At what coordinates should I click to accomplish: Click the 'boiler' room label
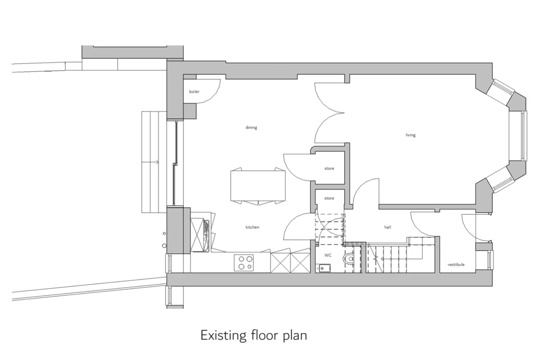pyautogui.click(x=194, y=92)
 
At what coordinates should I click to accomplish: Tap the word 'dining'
pyautogui.click(x=251, y=127)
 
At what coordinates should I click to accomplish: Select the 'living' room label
pyautogui.click(x=411, y=135)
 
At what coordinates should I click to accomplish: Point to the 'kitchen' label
pyautogui.click(x=253, y=227)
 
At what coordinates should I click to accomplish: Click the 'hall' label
pyautogui.click(x=387, y=227)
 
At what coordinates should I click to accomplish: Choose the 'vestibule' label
pyautogui.click(x=456, y=264)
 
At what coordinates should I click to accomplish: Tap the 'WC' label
pyautogui.click(x=328, y=255)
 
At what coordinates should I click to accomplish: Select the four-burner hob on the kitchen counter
pyautogui.click(x=244, y=262)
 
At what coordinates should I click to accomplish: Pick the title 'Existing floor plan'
pyautogui.click(x=254, y=335)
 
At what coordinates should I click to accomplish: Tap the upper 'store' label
pyautogui.click(x=329, y=169)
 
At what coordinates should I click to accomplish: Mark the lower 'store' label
pyautogui.click(x=329, y=198)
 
